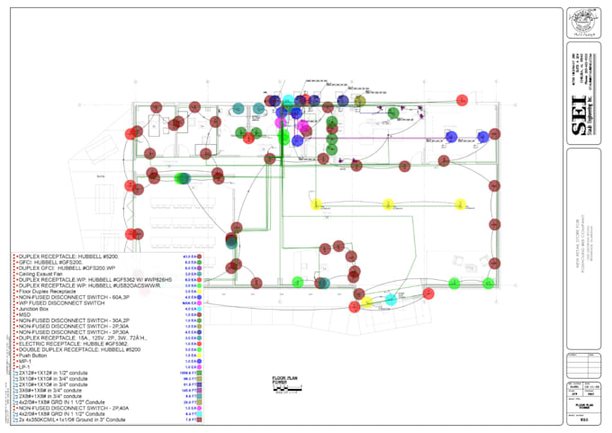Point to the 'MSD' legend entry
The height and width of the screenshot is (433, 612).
coord(24,315)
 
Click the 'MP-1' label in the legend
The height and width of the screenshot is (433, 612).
coord(25,362)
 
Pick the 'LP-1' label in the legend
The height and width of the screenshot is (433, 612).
coord(25,367)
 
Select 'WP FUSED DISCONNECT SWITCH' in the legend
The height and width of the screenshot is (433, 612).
coord(59,303)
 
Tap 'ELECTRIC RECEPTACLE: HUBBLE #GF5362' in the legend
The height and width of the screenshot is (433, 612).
coord(72,344)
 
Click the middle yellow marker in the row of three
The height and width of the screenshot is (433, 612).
coord(355,203)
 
